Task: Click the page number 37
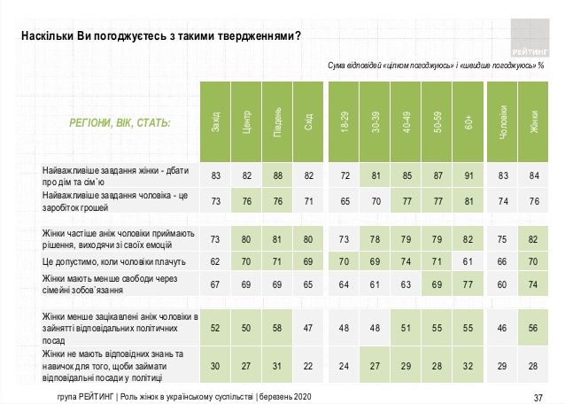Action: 539,394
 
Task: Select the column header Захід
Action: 215,125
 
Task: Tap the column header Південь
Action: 276,125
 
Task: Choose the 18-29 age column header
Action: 344,125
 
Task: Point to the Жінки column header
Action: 534,125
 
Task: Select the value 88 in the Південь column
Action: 276,175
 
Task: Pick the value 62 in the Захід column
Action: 215,263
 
